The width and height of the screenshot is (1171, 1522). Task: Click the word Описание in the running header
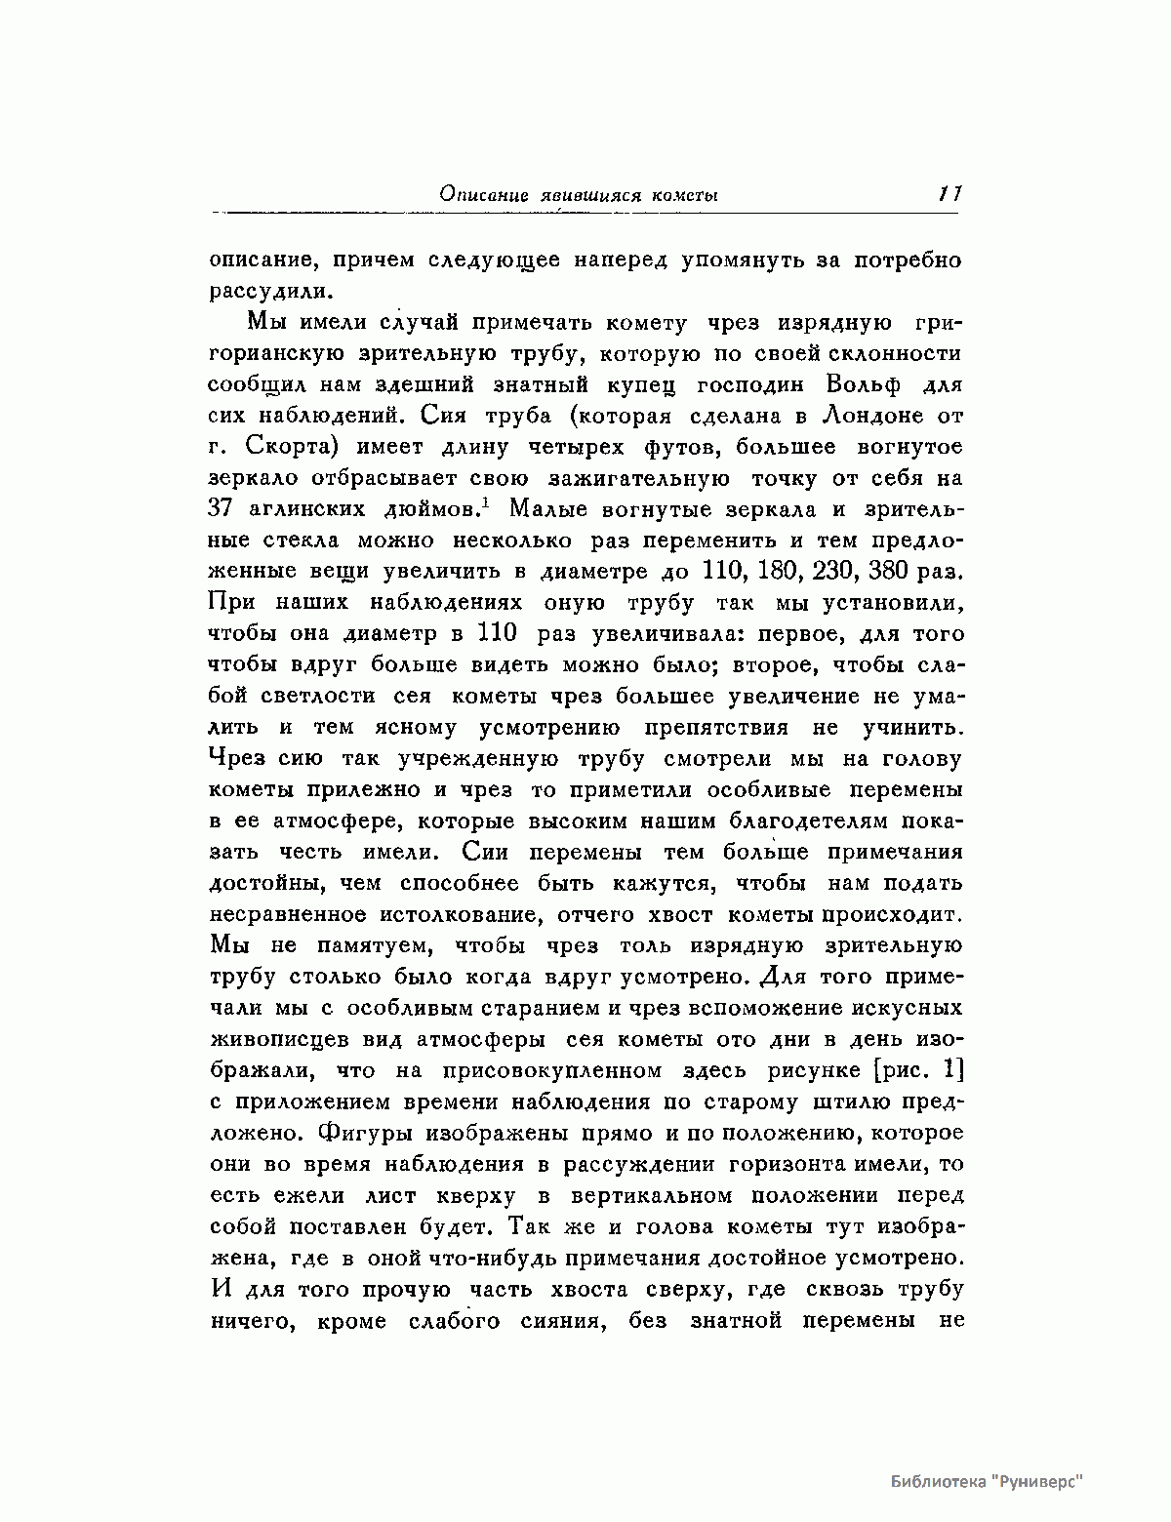pos(476,195)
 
